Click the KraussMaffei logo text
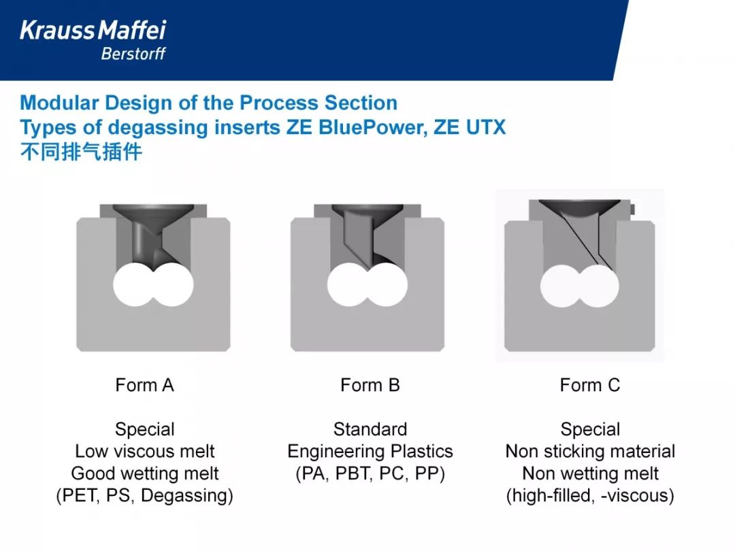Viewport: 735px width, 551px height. pyautogui.click(x=93, y=31)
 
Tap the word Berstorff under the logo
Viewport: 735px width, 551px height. pyautogui.click(x=133, y=54)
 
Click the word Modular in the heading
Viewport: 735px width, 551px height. pyautogui.click(x=59, y=103)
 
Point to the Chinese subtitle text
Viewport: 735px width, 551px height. pyautogui.click(x=81, y=152)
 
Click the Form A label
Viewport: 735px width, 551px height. pyautogui.click(x=145, y=385)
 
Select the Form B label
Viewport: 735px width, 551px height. pyautogui.click(x=370, y=385)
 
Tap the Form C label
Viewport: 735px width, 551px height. pyautogui.click(x=589, y=385)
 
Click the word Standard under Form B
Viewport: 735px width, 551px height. pyautogui.click(x=370, y=429)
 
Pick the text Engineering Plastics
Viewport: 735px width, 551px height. pyautogui.click(x=370, y=452)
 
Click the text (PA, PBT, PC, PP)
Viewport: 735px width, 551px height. pyautogui.click(x=370, y=473)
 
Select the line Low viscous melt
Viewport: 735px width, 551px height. pyautogui.click(x=145, y=451)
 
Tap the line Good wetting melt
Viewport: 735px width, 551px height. pyautogui.click(x=145, y=473)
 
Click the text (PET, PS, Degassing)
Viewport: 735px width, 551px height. pyautogui.click(x=145, y=496)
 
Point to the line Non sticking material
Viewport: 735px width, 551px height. pyautogui.click(x=590, y=451)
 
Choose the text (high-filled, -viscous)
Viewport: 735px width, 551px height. pyautogui.click(x=590, y=496)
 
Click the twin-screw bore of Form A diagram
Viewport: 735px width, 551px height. pyautogui.click(x=153, y=284)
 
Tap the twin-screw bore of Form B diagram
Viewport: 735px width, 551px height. pyautogui.click(x=367, y=284)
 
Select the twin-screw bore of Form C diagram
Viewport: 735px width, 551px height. pyautogui.click(x=579, y=286)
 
